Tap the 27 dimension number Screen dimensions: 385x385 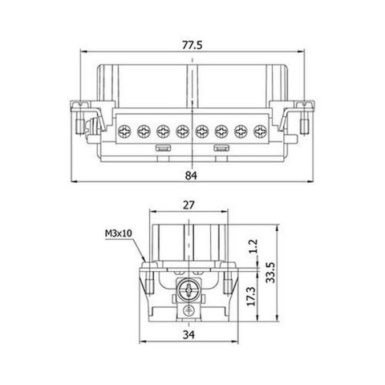(x=190, y=205)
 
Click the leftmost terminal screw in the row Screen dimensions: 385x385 (x=124, y=129)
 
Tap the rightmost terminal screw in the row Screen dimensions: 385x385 (x=260, y=129)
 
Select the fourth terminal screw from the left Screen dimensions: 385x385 (x=182, y=129)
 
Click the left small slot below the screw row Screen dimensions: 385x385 (x=160, y=149)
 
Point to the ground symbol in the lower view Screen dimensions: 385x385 (x=190, y=310)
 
